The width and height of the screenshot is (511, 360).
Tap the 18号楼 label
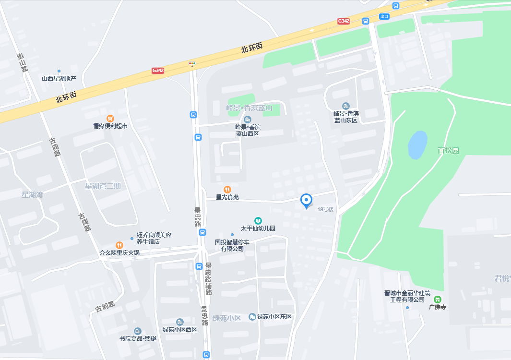tap(325, 209)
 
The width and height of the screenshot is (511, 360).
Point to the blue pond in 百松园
tap(417, 144)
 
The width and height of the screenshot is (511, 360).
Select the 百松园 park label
tap(448, 151)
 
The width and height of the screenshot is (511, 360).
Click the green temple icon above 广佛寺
tap(437, 299)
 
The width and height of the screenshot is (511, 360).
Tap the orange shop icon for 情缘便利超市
tap(110, 118)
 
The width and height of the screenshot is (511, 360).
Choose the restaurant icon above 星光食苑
tap(227, 189)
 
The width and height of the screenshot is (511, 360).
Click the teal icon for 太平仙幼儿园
tap(258, 220)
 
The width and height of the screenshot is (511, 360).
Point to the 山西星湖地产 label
tap(59, 78)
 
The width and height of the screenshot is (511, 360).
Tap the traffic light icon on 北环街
tap(192, 63)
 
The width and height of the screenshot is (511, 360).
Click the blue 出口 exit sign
tap(383, 16)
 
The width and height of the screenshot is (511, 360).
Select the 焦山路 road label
tap(22, 62)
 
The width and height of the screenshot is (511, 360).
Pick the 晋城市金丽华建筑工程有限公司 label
tap(407, 296)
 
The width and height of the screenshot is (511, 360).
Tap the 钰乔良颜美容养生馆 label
tap(154, 239)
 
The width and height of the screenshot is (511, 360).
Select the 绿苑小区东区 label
tap(274, 317)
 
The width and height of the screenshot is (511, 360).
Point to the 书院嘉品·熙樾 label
tap(138, 338)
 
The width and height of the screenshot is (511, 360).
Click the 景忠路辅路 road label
tap(208, 278)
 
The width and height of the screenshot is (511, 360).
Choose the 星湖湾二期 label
tap(103, 186)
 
